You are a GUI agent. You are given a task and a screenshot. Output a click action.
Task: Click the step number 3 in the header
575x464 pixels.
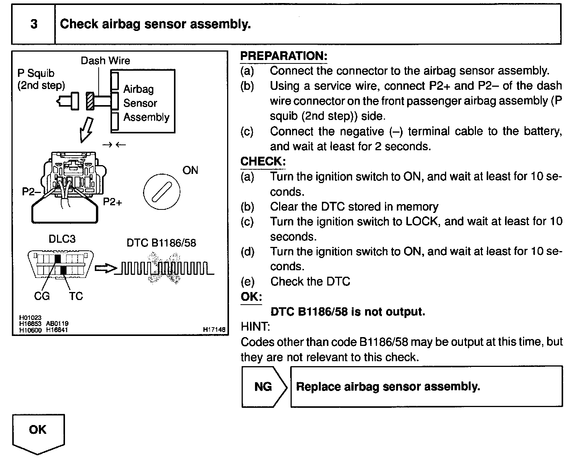tap(34, 24)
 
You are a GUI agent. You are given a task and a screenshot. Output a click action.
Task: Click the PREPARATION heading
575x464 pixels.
tap(284, 56)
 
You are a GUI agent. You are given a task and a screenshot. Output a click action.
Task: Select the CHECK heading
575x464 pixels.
tap(263, 161)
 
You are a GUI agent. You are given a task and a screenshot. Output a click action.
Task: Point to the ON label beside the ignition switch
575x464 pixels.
tap(190, 170)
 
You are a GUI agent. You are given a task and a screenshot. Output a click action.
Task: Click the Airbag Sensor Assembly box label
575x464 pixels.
tap(146, 103)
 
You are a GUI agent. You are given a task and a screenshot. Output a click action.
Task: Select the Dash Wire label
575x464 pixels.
tap(105, 60)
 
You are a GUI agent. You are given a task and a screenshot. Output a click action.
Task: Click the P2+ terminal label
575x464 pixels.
tap(112, 202)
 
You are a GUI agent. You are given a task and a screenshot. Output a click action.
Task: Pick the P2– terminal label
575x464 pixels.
tap(31, 191)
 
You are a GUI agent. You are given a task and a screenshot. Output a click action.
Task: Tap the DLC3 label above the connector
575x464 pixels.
tap(62, 239)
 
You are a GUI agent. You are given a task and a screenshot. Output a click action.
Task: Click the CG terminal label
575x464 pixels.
tap(42, 296)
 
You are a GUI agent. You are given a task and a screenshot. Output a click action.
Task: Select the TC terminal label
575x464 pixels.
tap(76, 296)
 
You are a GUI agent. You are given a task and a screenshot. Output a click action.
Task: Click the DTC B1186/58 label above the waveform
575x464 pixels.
tap(161, 243)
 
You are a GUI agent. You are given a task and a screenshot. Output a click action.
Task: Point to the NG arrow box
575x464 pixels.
tap(264, 386)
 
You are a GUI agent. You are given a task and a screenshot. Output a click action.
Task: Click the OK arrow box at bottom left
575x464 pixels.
tap(38, 431)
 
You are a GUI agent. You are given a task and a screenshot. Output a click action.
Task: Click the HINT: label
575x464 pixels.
tap(255, 327)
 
